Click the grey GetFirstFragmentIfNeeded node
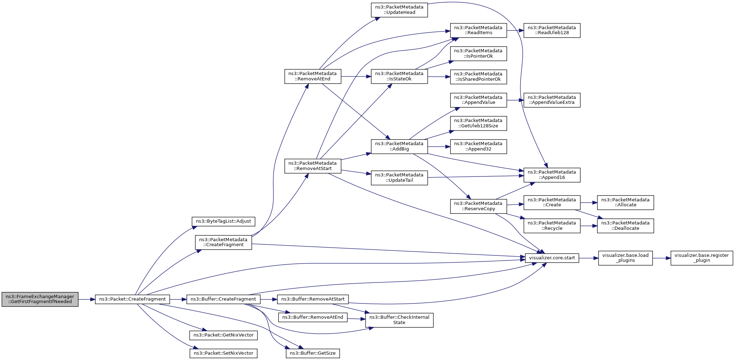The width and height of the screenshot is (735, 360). (x=40, y=299)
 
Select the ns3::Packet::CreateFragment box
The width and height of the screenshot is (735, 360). (x=132, y=299)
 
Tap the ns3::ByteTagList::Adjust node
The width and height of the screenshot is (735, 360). (x=223, y=221)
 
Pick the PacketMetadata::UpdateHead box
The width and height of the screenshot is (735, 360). (x=399, y=10)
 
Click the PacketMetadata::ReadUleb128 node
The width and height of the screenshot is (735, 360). (x=552, y=30)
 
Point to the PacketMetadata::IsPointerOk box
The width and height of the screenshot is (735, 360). (x=478, y=53)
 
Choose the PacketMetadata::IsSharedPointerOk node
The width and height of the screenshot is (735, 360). (x=478, y=76)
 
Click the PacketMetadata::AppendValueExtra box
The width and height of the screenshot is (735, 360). (x=552, y=100)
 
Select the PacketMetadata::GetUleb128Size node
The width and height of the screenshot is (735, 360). (x=478, y=123)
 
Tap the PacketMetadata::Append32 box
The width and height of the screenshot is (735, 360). (x=478, y=146)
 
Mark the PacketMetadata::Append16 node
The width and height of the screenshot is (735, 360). (x=552, y=175)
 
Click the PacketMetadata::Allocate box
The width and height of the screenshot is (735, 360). (x=625, y=202)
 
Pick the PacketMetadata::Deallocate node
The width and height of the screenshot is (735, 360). (x=625, y=226)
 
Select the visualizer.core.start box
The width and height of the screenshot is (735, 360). (x=552, y=258)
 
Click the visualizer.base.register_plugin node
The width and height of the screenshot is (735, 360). (x=702, y=258)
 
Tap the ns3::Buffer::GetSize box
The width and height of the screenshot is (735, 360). (x=313, y=353)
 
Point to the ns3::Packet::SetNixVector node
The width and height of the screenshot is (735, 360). (x=223, y=353)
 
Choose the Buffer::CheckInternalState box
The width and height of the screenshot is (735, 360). (x=399, y=320)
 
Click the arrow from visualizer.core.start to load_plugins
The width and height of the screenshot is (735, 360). (x=588, y=258)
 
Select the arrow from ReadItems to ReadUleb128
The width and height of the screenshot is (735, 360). (x=515, y=31)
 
